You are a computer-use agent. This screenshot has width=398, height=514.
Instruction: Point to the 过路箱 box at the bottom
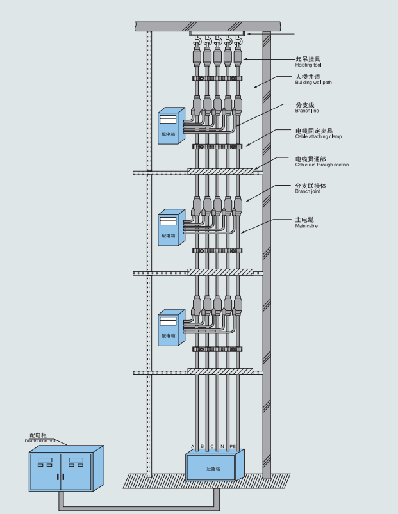coord(214,467)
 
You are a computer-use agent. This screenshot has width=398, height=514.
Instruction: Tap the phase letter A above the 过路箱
coord(192,446)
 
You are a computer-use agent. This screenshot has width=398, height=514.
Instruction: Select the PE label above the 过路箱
coord(233,446)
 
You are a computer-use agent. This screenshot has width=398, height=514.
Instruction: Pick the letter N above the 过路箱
coord(222,446)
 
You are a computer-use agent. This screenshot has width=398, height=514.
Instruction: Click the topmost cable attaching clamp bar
coord(217,79)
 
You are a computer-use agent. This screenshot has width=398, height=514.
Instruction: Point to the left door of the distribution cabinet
coord(46,471)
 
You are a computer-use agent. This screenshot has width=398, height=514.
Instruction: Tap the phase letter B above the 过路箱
coord(202,446)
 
